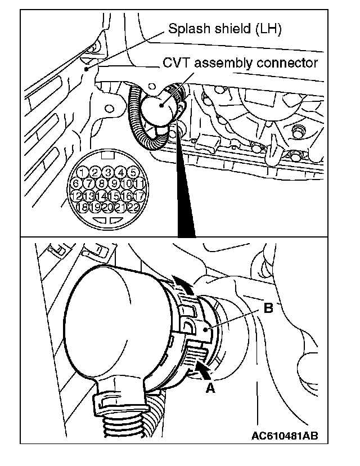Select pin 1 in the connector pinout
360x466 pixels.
(x=83, y=172)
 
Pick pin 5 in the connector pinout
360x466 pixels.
(x=133, y=172)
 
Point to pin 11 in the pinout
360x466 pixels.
(x=141, y=183)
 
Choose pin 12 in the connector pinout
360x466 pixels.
(x=75, y=195)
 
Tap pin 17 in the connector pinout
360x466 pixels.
(x=141, y=195)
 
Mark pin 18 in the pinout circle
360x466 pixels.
(x=83, y=207)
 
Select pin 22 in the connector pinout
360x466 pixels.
(x=133, y=207)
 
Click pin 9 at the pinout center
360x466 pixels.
(x=114, y=183)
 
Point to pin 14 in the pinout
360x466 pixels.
(x=101, y=195)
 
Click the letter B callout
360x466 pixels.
(x=268, y=308)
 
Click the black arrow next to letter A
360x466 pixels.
(x=202, y=369)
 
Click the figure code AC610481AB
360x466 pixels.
(x=289, y=436)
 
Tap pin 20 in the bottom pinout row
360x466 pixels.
(x=108, y=207)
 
